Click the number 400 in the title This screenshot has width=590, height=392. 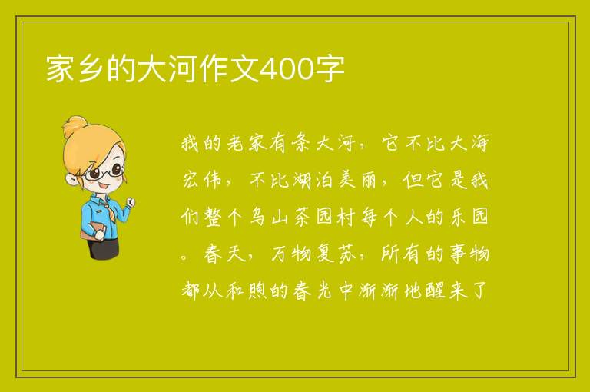click(x=287, y=69)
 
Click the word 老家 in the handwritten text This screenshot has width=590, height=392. click(x=247, y=144)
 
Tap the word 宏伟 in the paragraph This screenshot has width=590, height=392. click(x=202, y=180)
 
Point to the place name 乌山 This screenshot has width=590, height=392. click(x=269, y=217)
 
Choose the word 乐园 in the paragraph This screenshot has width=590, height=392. click(x=469, y=217)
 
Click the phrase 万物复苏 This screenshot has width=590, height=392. click(x=313, y=254)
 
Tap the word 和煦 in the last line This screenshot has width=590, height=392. click(x=246, y=291)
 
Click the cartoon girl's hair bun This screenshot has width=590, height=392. click(x=75, y=127)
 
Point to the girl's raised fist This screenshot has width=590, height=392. click(x=131, y=202)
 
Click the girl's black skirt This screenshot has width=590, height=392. click(x=103, y=247)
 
